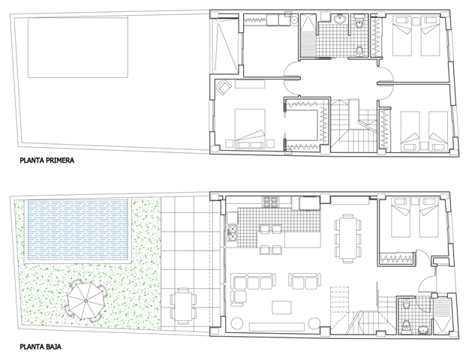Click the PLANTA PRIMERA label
pyautogui.click(x=47, y=160)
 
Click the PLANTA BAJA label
pyautogui.click(x=41, y=346)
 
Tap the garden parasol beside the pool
pyautogui.click(x=86, y=301)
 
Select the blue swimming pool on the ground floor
pyautogui.click(x=78, y=231)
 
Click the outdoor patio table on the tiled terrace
pyautogui.click(x=183, y=306)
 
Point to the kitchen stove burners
pyautogui.click(x=270, y=202)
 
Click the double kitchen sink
pyautogui.click(x=232, y=232)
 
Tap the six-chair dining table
pyautogui.click(x=348, y=238)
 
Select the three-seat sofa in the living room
pyautogui.click(x=253, y=281)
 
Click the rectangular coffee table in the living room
pyautogui.click(x=281, y=307)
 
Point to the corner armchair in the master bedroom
pyautogui.click(x=224, y=87)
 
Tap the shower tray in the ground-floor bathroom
pyautogui.click(x=442, y=316)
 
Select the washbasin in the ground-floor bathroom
pyautogui.click(x=424, y=330)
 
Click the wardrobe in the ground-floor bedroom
pyautogui.click(x=397, y=258)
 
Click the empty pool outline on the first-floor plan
pyautogui.click(x=78, y=47)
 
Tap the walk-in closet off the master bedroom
pyautogui.click(x=306, y=124)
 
